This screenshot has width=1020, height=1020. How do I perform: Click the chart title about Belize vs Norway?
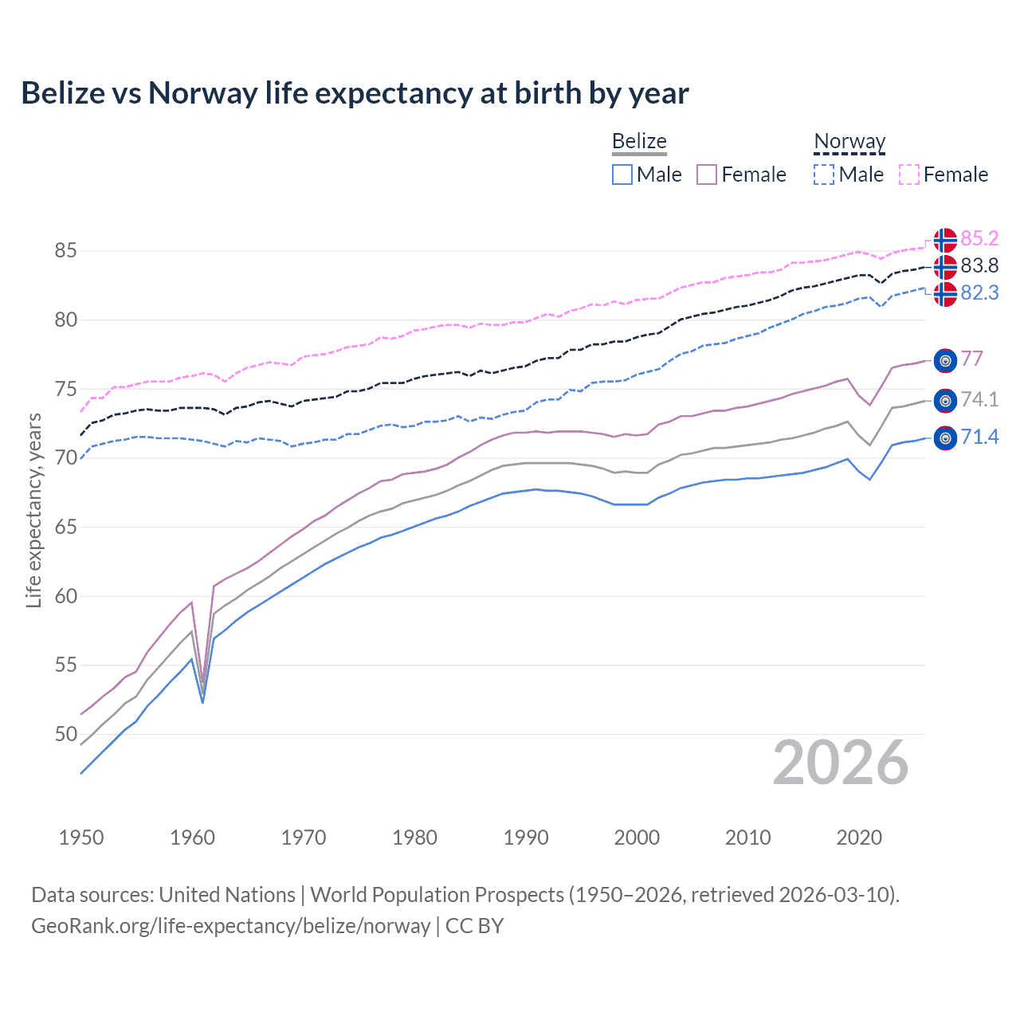[x=355, y=93]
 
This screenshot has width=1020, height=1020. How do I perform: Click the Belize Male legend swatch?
[x=622, y=175]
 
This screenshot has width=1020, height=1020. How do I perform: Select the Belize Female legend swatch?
[x=707, y=175]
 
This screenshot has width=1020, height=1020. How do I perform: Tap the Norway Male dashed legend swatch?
[x=824, y=175]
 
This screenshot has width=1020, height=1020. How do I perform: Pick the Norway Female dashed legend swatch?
[x=909, y=175]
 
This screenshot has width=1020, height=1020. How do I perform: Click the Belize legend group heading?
[x=639, y=142]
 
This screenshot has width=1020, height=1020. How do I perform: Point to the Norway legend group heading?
[x=849, y=142]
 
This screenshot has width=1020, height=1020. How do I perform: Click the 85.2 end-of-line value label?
[x=979, y=239]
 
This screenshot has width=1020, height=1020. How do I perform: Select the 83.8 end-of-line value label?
[x=979, y=266]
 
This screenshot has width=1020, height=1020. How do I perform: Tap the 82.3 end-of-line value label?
[x=979, y=293]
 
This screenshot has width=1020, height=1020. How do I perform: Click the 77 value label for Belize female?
[x=971, y=359]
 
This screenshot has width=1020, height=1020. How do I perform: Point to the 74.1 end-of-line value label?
[x=979, y=399]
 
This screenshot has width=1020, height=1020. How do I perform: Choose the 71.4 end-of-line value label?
[x=979, y=437]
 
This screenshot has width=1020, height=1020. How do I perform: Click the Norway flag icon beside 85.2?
[x=945, y=240]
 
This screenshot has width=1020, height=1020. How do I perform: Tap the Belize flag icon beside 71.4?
[x=945, y=438]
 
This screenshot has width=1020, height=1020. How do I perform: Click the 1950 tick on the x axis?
[x=81, y=838]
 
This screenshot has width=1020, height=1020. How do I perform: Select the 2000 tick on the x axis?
[x=637, y=838]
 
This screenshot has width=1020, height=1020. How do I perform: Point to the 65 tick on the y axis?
[x=65, y=528]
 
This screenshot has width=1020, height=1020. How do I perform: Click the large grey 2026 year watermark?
[x=841, y=763]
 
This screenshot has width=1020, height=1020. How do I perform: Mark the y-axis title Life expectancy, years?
[x=33, y=510]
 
